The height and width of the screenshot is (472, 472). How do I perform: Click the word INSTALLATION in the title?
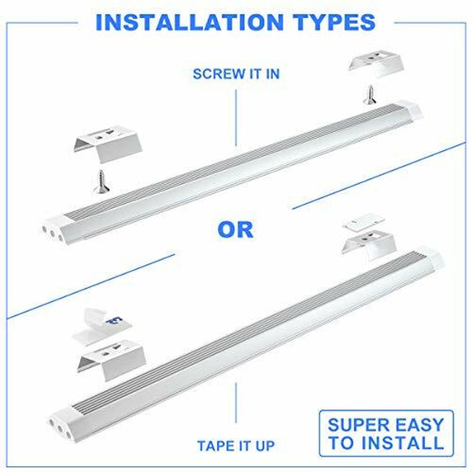(189, 22)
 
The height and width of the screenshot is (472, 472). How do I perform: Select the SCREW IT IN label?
(236, 74)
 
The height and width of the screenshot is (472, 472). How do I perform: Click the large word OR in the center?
(235, 230)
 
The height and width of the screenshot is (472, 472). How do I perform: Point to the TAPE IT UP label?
(236, 446)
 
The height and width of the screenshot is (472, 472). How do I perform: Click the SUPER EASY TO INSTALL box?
(386, 433)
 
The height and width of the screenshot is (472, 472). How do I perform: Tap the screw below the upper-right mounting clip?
(370, 95)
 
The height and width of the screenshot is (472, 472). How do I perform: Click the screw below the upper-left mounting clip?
(101, 182)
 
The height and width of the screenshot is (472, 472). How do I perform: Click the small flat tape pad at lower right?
(363, 221)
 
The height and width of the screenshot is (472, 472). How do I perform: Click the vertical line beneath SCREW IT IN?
(236, 117)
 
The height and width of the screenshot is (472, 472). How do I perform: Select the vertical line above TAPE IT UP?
(236, 402)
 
